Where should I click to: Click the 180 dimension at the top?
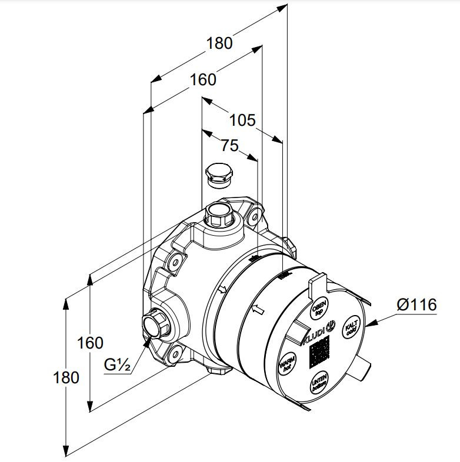coord(219,43)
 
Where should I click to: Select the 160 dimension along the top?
coord(203,79)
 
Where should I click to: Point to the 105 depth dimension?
coord(242,120)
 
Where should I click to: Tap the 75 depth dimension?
coord(229,145)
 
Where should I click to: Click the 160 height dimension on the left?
coord(90,342)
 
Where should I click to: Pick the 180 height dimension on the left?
coord(65,377)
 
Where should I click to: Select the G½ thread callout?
coord(117,365)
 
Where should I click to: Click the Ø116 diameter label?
coord(416,304)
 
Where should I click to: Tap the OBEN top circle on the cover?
coord(319,307)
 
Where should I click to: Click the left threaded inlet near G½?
coord(154,324)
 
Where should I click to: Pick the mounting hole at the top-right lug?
coord(253,218)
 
